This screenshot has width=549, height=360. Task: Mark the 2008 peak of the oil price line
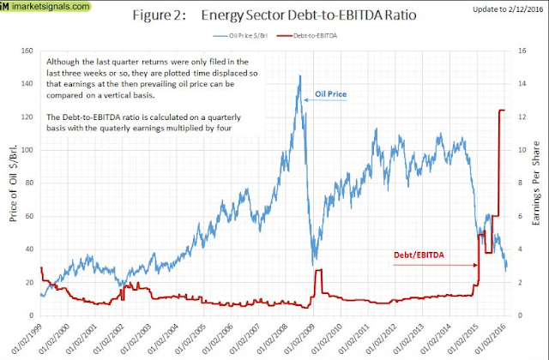coord(299,75)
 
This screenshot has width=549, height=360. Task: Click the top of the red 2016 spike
coord(501,110)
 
